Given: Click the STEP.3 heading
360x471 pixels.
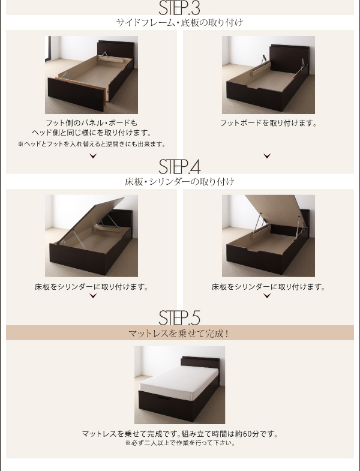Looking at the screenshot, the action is [x=179, y=8].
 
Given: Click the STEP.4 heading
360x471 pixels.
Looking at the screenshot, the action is [x=179, y=167].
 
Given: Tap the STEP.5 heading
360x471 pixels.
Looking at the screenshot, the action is [x=179, y=318].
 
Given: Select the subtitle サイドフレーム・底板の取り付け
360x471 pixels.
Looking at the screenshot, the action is [x=179, y=23].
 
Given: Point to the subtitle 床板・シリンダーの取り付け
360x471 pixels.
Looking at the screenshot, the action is [x=179, y=182].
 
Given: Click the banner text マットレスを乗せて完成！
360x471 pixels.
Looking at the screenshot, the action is [x=179, y=334].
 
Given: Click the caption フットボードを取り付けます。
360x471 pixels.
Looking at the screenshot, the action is [x=268, y=123].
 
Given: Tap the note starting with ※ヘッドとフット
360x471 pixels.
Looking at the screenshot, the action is [x=92, y=144].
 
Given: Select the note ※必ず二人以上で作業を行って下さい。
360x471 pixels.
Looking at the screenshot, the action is [x=179, y=443].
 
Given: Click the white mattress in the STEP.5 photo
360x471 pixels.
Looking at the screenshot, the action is [x=179, y=379].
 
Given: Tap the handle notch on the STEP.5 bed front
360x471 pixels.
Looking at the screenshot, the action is [x=162, y=398].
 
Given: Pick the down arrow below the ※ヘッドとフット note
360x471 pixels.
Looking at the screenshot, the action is [x=93, y=155].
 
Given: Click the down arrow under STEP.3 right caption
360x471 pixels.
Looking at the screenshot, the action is [x=267, y=155].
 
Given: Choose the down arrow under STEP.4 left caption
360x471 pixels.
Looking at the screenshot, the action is [x=93, y=296].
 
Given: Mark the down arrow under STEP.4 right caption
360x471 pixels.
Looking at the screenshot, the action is [x=267, y=296].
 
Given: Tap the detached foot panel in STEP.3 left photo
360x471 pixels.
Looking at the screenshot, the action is [x=77, y=94].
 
